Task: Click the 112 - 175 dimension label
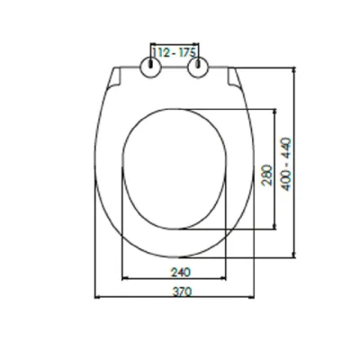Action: pos(175,53)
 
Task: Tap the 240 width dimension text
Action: pos(181,273)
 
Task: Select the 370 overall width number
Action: pos(182,292)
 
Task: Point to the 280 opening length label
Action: pos(267,175)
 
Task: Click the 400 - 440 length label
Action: pos(286,164)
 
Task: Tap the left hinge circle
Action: pos(151,67)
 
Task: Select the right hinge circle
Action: pos(198,67)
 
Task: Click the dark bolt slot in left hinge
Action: pos(151,64)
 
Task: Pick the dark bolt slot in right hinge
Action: pos(198,64)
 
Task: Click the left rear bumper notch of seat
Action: pos(114,77)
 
